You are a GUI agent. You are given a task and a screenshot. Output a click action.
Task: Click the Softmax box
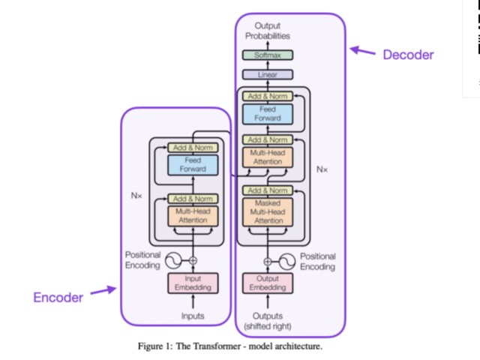(268, 55)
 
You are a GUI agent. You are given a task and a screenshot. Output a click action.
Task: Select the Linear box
(268, 74)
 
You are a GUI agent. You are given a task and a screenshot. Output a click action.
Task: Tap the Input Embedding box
(193, 283)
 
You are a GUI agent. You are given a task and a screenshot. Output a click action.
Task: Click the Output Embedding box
(268, 283)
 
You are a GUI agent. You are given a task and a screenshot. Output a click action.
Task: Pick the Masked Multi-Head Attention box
(268, 212)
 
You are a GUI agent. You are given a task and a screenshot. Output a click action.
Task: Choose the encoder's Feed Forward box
(193, 164)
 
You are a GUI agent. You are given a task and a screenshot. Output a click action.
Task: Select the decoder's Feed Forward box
(268, 114)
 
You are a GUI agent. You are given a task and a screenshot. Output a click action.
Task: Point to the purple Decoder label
(408, 55)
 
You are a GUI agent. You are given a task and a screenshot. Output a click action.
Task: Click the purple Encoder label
(58, 297)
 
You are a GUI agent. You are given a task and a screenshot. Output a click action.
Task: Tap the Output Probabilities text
(268, 31)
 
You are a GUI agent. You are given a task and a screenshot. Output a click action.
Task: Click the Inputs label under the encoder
(193, 316)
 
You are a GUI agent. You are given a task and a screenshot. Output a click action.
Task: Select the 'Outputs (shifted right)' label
(268, 320)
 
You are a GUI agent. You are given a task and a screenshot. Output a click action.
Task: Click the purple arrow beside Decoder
(364, 52)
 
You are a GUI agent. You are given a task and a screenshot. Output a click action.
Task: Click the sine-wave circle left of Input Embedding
(174, 260)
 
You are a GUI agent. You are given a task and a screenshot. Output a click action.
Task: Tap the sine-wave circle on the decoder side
(286, 260)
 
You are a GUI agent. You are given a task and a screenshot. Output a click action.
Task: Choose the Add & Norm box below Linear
(268, 95)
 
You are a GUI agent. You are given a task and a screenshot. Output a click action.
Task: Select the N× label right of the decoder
(322, 169)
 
